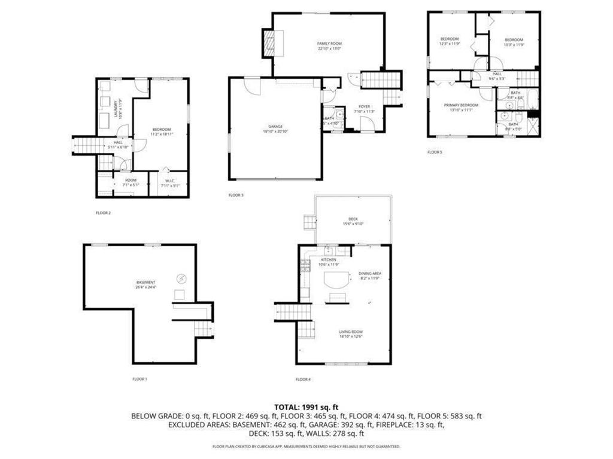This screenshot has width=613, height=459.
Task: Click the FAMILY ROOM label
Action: click(x=329, y=44)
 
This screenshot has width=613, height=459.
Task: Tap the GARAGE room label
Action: click(x=275, y=126)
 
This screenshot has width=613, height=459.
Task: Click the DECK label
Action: click(x=353, y=219)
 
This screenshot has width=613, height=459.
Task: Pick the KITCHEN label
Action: click(x=329, y=260)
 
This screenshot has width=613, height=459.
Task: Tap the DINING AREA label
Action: click(x=370, y=274)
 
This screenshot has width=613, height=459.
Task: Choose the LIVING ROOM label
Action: click(x=352, y=332)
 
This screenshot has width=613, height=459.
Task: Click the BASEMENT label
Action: click(x=145, y=282)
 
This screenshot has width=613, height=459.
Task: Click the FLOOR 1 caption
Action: click(x=139, y=379)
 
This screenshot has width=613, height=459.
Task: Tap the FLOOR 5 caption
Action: click(x=435, y=152)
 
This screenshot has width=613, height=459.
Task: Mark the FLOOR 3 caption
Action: click(x=236, y=195)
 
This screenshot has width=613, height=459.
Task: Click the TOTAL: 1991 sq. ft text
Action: click(x=306, y=407)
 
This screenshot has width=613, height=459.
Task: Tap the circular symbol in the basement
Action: click(x=182, y=278)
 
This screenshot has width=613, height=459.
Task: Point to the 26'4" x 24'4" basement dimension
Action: click(x=145, y=287)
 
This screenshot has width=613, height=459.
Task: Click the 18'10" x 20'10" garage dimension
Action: click(x=275, y=131)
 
